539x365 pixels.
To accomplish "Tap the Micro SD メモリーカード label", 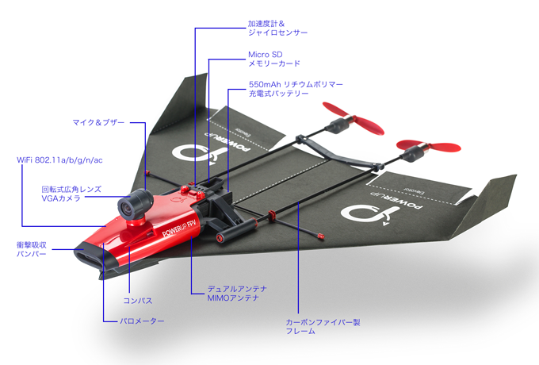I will (274, 58).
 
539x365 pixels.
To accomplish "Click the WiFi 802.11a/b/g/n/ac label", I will (60, 159).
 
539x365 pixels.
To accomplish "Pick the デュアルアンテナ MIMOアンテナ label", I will (239, 293).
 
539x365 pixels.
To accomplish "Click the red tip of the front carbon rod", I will (320, 236).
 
